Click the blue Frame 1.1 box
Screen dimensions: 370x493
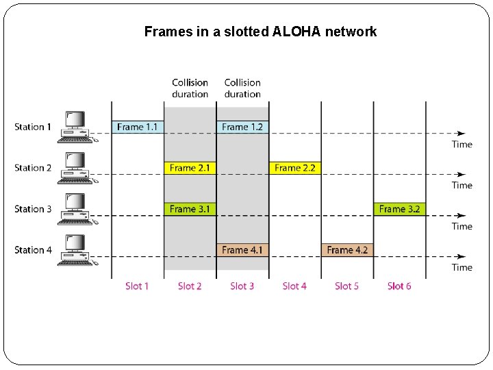point(138,127)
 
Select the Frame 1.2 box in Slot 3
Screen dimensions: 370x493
point(242,127)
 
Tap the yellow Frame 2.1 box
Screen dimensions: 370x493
point(190,168)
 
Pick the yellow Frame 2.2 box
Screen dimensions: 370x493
point(294,168)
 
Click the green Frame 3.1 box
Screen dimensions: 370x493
point(190,209)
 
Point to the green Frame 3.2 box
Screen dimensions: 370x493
point(399,209)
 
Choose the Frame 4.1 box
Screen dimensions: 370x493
point(242,250)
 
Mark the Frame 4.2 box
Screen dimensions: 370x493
point(347,250)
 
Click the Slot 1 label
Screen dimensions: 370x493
point(137,286)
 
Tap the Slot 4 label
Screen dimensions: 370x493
point(294,286)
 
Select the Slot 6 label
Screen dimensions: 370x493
point(399,286)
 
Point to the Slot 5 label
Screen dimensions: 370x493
point(346,286)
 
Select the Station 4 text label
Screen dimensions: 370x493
point(33,250)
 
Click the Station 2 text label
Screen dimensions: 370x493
point(33,168)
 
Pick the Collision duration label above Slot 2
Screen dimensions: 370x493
point(190,88)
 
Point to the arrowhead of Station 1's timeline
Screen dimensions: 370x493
point(462,133)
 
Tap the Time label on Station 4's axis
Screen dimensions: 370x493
point(462,267)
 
